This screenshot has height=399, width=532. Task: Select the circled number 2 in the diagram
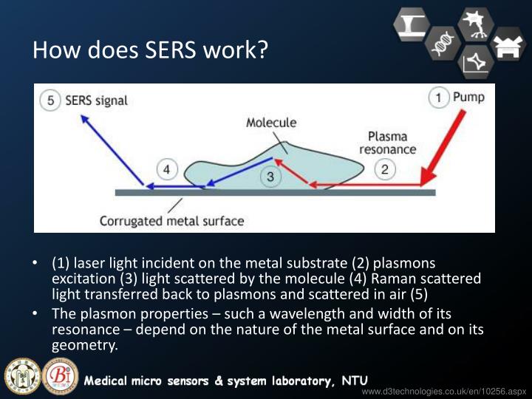point(385,170)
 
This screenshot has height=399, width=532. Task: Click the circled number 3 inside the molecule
point(270,177)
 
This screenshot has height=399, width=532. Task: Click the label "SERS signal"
point(96,100)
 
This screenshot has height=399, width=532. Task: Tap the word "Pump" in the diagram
point(468,97)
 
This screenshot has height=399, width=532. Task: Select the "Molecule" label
point(271,123)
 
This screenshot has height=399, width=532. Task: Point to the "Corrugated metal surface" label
point(171,220)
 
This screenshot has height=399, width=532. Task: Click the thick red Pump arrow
point(443,148)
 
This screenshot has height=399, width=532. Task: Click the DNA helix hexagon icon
point(443,44)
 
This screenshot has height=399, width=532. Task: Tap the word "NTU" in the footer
point(354,381)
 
